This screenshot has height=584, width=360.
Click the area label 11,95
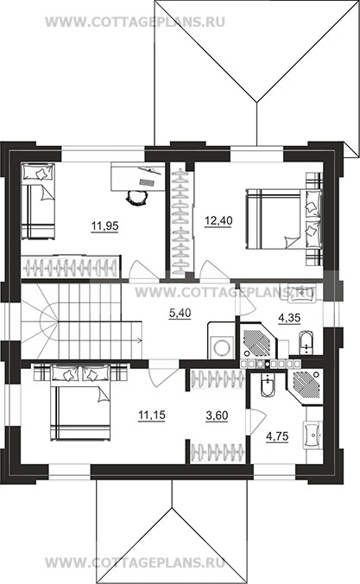[104, 225]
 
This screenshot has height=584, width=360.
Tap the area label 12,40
[218, 220]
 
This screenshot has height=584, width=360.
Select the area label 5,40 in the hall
[180, 314]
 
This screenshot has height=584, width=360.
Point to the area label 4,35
[289, 318]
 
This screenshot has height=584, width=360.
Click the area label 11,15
[152, 415]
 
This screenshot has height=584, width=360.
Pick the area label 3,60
[217, 416]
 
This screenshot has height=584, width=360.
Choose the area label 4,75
[277, 436]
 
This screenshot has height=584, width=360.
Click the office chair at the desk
[136, 197]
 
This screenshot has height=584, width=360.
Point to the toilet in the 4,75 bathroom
[267, 384]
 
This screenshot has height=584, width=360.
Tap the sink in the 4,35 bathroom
[301, 294]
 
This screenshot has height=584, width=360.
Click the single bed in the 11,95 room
[38, 200]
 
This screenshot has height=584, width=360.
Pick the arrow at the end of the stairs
[138, 340]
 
